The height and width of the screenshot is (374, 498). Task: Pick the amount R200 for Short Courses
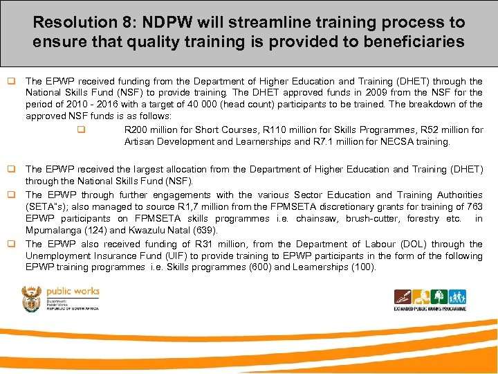coord(136,130)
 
